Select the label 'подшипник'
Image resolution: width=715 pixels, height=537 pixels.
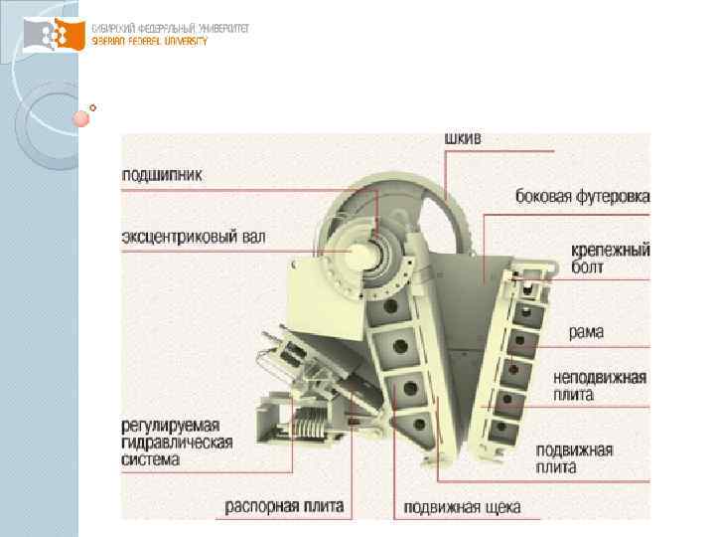pyautogui.click(x=162, y=174)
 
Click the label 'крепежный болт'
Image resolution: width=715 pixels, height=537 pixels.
pyautogui.click(x=610, y=259)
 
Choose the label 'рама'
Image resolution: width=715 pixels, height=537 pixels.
pyautogui.click(x=586, y=331)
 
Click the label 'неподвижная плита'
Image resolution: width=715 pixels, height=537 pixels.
pyautogui.click(x=600, y=386)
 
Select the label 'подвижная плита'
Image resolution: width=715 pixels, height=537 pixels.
pyautogui.click(x=574, y=457)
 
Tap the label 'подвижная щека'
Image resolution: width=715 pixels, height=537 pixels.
pyautogui.click(x=462, y=507)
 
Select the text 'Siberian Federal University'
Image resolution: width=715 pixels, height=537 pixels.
pyautogui.click(x=149, y=42)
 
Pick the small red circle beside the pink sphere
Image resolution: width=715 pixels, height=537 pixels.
pyautogui.click(x=93, y=106)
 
